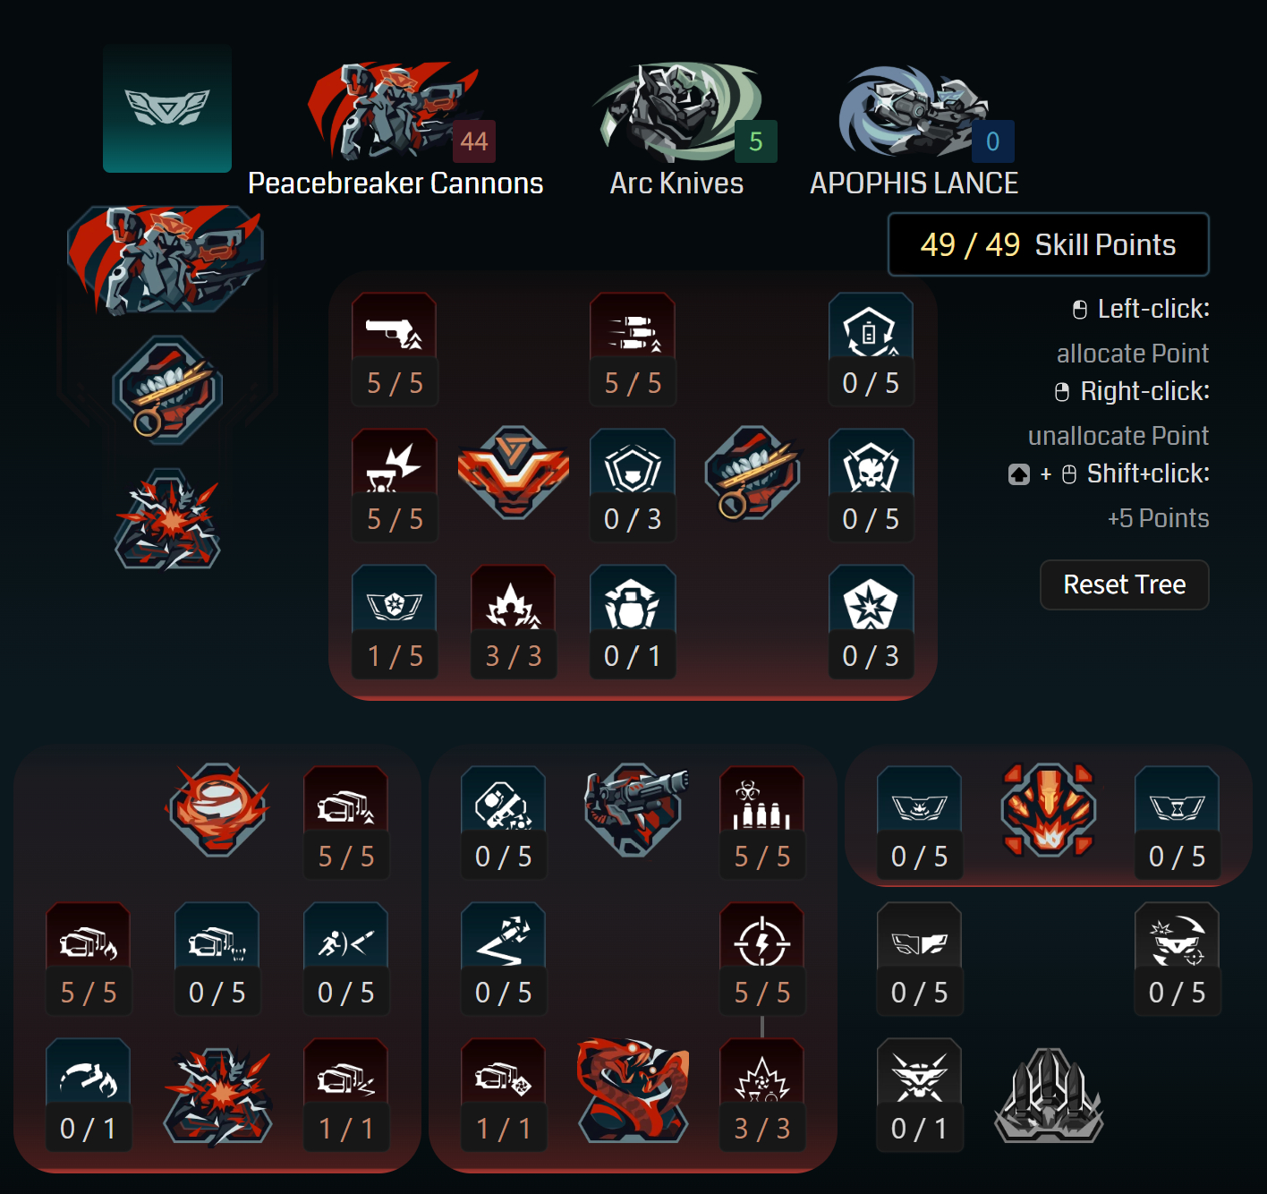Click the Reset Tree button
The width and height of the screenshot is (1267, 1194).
tap(1124, 584)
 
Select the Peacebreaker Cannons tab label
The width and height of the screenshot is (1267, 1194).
tap(395, 183)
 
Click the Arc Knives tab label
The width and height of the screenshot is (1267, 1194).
tap(676, 183)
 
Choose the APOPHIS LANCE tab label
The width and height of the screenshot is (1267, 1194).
tap(914, 183)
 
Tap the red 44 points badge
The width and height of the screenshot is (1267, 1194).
tap(473, 141)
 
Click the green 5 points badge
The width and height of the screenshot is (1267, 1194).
tap(756, 141)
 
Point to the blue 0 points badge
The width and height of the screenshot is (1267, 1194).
tap(992, 141)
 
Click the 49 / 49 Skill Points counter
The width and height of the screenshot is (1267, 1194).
tap(1048, 244)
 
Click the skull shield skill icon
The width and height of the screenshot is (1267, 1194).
tap(871, 465)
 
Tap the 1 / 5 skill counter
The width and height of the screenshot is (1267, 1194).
tap(395, 656)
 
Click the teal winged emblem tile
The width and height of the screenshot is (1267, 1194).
tap(167, 108)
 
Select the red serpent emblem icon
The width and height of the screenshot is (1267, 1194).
tap(633, 1089)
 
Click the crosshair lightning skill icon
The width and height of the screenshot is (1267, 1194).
tap(761, 940)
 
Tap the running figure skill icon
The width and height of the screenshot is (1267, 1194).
tap(345, 941)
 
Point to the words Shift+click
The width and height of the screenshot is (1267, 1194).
tap(1148, 473)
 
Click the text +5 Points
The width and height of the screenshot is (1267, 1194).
tap(1158, 518)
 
